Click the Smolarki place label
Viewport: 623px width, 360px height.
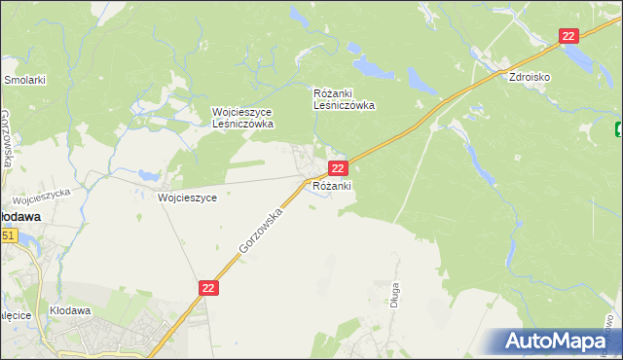point(25,80)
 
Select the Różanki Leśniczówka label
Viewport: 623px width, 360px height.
point(344,99)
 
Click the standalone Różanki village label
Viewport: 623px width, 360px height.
point(332,185)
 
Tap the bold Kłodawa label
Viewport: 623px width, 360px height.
point(19,217)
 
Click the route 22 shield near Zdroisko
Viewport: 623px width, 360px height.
point(569,36)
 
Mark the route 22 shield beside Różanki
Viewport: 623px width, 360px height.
point(336,168)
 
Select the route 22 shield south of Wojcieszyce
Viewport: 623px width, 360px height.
point(209,288)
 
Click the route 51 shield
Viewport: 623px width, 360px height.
point(9,235)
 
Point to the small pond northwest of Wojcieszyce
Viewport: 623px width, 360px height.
point(148,176)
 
